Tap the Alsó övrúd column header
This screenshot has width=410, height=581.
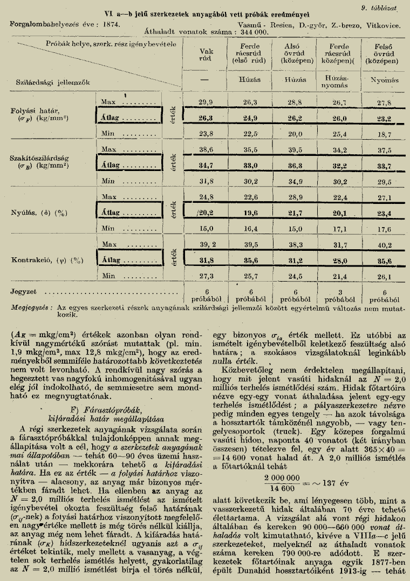295,57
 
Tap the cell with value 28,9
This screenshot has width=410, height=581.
295,197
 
